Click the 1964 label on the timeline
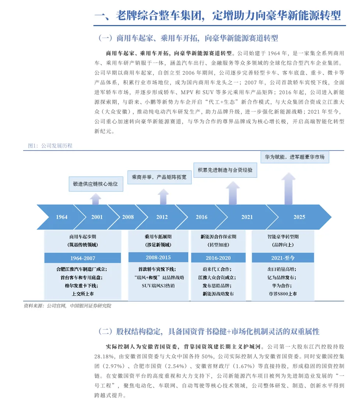pos(62,217)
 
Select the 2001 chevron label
pos(97,217)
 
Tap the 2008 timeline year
pos(128,217)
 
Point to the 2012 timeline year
pos(162,217)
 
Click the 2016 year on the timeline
pos(202,217)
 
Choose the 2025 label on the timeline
pos(299,217)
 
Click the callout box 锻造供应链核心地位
pos(96,184)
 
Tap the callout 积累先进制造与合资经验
pos(225,170)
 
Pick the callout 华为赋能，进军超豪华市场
pos(295,157)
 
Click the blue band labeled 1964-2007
pos(82,258)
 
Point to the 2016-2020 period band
pos(219,258)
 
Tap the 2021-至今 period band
pos(282,258)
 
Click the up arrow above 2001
pos(96,199)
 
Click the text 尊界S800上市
pos(282,294)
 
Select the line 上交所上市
pos(82,294)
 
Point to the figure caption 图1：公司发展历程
pos(50,146)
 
